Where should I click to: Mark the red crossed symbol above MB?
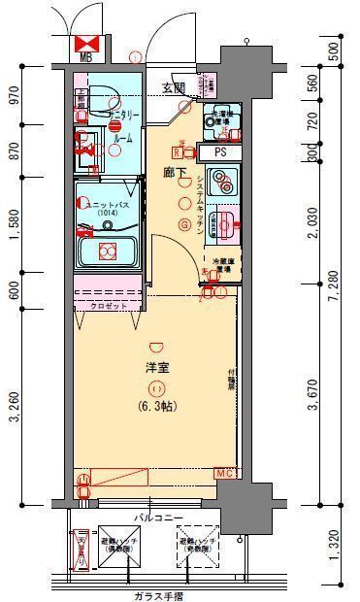coord(85,42)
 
